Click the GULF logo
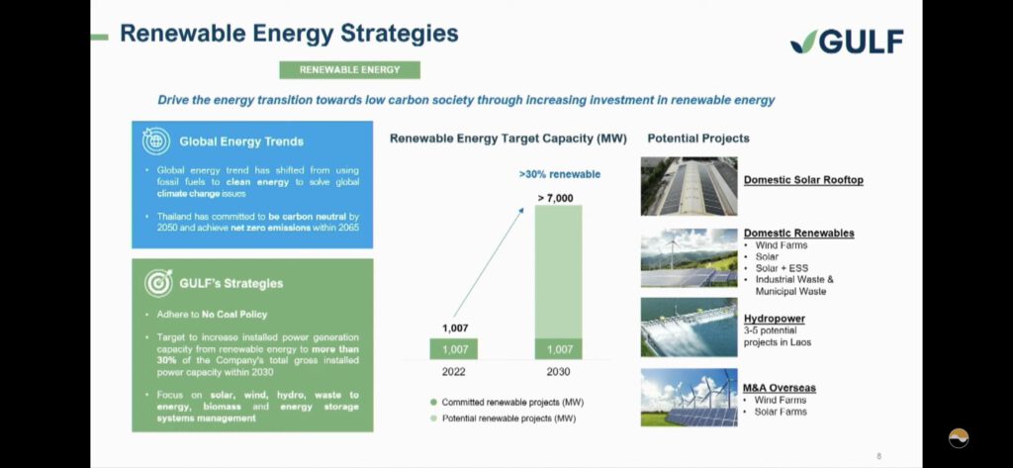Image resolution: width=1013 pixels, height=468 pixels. tap(847, 42)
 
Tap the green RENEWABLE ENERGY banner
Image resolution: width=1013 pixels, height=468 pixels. tap(349, 70)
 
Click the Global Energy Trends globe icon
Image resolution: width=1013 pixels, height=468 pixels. tap(156, 140)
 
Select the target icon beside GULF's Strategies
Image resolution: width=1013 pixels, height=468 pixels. tap(157, 283)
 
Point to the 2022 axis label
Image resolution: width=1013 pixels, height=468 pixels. tap(453, 372)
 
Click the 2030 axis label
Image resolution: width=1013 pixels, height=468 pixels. tap(559, 372)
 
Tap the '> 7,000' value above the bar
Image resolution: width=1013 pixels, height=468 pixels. tap(556, 199)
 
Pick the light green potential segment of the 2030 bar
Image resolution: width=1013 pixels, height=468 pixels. tap(558, 272)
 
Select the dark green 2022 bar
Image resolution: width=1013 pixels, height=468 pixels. tap(453, 349)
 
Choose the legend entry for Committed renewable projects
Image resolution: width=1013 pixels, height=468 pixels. tap(506, 402)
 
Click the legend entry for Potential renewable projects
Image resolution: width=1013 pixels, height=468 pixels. tap(503, 419)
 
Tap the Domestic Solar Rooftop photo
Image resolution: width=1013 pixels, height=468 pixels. tap(689, 186)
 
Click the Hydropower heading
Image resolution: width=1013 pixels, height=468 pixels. tap(774, 319)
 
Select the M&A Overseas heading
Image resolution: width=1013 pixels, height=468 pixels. tap(780, 388)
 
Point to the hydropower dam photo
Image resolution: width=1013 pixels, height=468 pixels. tap(689, 328)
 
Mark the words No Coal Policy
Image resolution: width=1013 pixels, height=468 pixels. tap(233, 315)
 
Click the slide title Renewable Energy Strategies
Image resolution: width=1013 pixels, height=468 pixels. tap(289, 34)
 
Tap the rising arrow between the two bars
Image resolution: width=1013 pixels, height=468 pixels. tap(488, 262)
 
